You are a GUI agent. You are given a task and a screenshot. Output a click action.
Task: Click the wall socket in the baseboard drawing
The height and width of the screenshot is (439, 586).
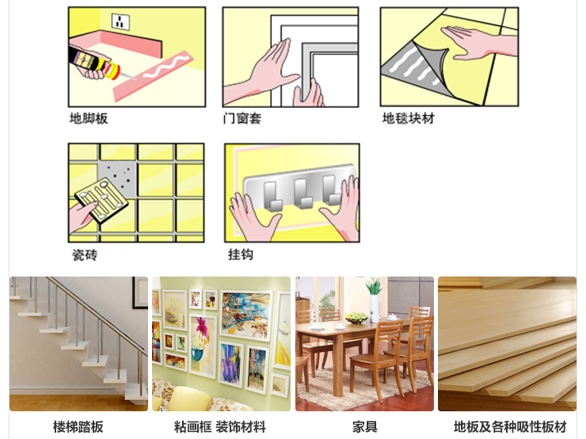pyautogui.click(x=120, y=21)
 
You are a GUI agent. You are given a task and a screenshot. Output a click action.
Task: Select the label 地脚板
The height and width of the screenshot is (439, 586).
pyautogui.click(x=89, y=119)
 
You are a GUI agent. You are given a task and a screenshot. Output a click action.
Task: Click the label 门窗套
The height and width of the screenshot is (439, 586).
pyautogui.click(x=242, y=119)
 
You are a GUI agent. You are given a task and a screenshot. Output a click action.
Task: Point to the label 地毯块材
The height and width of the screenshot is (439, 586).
pyautogui.click(x=408, y=118)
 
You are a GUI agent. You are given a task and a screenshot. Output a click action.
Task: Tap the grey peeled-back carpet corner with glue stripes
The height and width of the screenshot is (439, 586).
pyautogui.click(x=413, y=67)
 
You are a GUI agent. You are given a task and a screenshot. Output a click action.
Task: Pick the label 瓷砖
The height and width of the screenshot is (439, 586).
pyautogui.click(x=85, y=255)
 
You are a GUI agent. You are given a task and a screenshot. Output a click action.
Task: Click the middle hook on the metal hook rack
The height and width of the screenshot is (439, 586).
pyautogui.click(x=303, y=193)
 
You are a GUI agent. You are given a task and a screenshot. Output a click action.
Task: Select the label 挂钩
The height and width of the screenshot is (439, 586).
pyautogui.click(x=241, y=254)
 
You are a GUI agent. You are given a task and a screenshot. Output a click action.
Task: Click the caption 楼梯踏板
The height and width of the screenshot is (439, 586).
pyautogui.click(x=78, y=426)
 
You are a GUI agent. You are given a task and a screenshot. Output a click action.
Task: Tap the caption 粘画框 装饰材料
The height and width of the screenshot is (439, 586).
pyautogui.click(x=220, y=426)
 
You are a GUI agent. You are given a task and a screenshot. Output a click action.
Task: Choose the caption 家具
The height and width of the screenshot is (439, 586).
pyautogui.click(x=365, y=426)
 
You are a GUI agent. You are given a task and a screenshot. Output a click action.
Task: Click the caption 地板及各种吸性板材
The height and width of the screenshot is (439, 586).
pyautogui.click(x=510, y=426)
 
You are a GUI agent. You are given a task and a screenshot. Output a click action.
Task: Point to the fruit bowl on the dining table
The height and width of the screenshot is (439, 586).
pyautogui.click(x=356, y=319)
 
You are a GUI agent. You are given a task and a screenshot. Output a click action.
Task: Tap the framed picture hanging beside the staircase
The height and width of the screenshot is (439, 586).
pyautogui.click(x=140, y=292)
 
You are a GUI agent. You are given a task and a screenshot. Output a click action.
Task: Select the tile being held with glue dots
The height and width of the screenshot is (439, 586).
pyautogui.click(x=101, y=200)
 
